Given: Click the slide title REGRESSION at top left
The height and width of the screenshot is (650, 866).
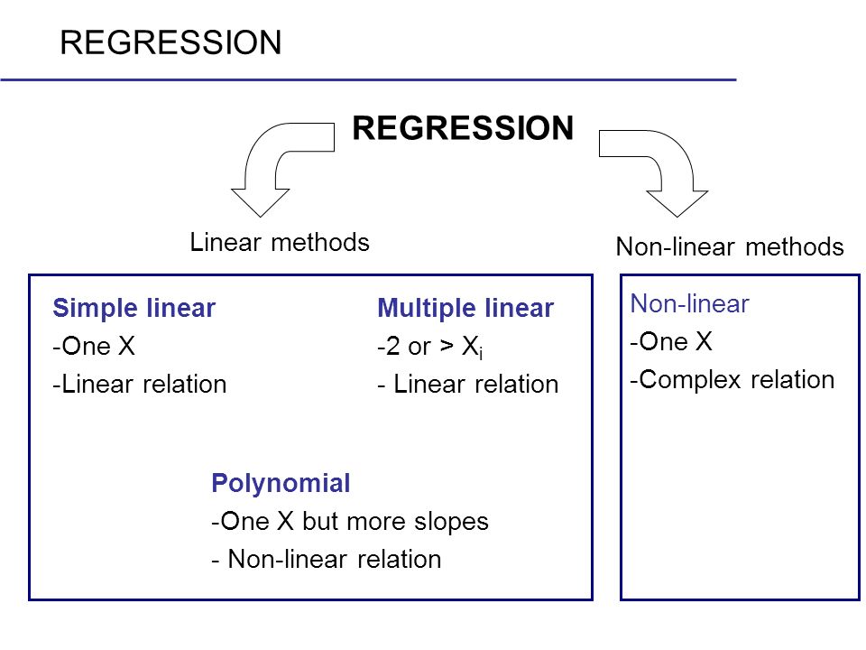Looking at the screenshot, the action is click(x=170, y=42).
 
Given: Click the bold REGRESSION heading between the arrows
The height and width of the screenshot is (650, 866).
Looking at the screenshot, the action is click(x=463, y=127).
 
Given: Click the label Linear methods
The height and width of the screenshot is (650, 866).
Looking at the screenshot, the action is click(x=280, y=242).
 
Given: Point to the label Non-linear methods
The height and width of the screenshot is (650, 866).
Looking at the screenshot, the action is click(x=730, y=246).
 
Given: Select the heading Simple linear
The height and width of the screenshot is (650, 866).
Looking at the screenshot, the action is click(x=134, y=308).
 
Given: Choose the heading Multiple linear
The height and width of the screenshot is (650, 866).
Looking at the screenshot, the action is click(x=465, y=308).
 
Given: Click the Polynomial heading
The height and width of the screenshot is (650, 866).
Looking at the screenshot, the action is click(x=281, y=483).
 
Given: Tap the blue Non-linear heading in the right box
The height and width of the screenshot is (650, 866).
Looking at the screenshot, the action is click(x=689, y=303).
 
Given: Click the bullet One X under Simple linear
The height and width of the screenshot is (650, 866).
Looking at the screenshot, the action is click(x=94, y=346).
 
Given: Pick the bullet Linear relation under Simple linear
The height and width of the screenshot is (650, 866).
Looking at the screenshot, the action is click(x=140, y=385).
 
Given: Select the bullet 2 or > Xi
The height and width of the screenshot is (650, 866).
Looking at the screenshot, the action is click(x=430, y=347).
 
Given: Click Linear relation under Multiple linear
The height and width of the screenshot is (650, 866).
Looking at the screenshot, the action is click(x=468, y=385).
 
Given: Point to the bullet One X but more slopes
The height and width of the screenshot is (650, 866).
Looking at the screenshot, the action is click(x=350, y=521).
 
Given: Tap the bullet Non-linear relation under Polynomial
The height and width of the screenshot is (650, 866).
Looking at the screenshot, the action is click(x=327, y=560).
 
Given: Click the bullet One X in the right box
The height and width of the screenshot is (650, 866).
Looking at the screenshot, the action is click(x=671, y=341).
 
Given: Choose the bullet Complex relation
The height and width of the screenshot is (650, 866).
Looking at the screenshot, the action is click(x=732, y=380).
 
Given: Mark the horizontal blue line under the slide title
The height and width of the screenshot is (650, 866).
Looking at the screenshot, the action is click(x=368, y=80).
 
